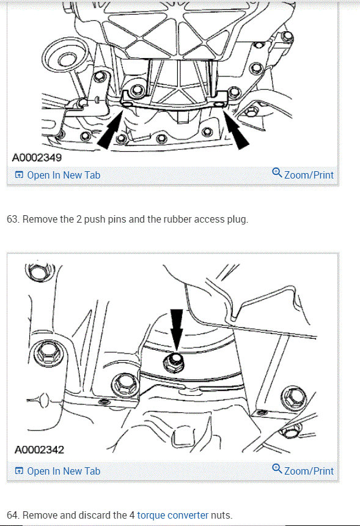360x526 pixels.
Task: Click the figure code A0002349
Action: click(37, 157)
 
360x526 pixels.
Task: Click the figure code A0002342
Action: click(39, 450)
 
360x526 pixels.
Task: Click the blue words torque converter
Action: click(172, 515)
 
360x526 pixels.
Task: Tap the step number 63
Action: click(13, 220)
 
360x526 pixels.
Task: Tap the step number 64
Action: click(13, 515)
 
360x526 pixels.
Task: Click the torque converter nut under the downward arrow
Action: click(174, 363)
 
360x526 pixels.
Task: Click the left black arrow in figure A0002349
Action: click(111, 130)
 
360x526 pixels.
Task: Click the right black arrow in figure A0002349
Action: click(236, 130)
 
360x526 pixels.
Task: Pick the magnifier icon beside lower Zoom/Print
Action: click(277, 469)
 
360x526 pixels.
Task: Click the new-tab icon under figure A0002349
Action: click(20, 175)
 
